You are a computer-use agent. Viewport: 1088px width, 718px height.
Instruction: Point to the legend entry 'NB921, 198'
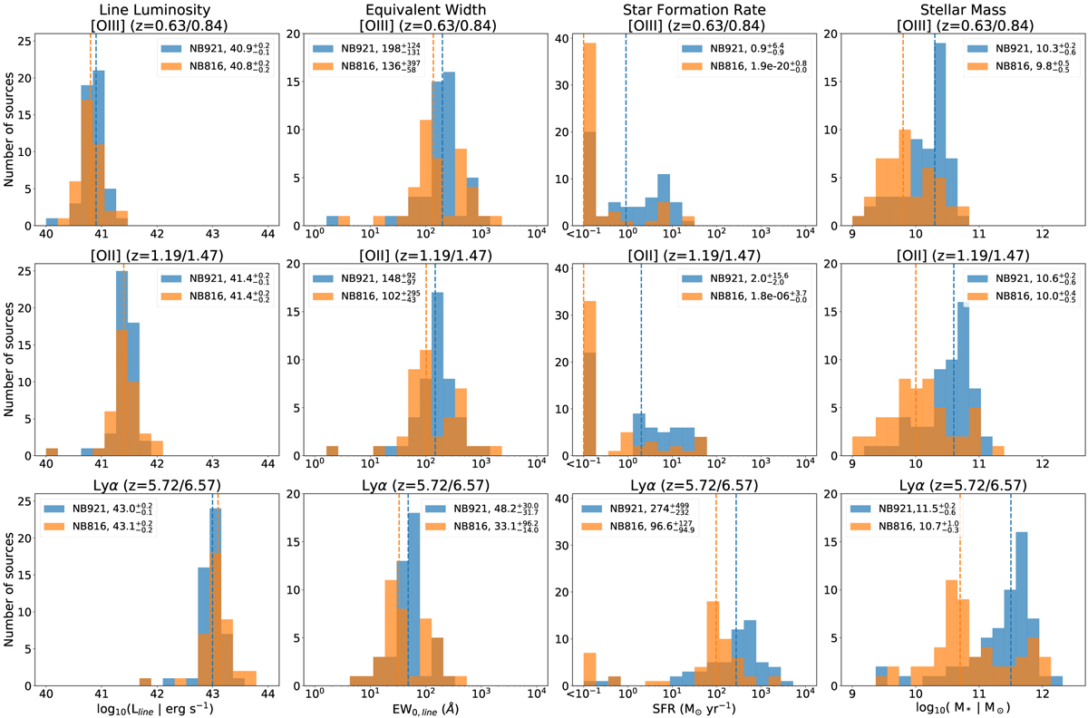(x=363, y=48)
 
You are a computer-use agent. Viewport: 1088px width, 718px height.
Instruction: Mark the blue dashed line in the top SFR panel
(x=626, y=136)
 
